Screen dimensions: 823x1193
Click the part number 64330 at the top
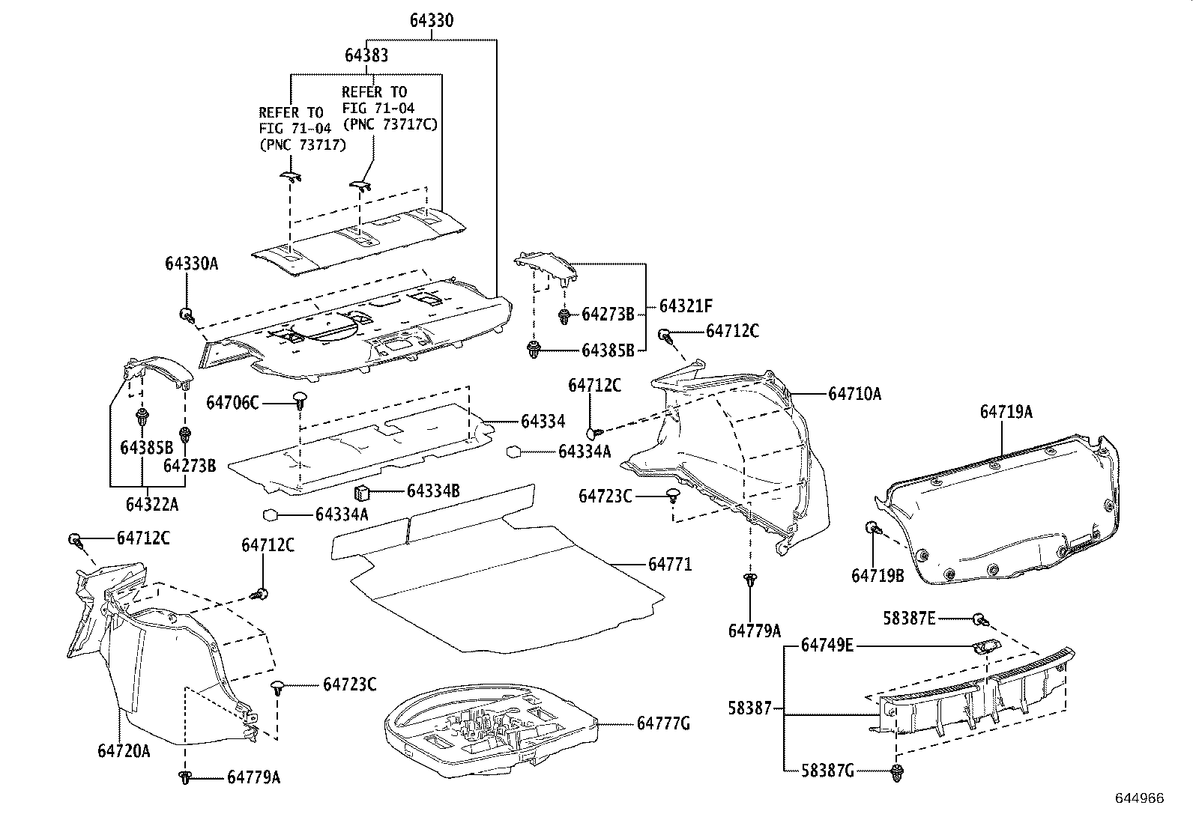point(431,20)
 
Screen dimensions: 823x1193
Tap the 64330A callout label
point(191,264)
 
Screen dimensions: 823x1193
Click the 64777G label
point(662,723)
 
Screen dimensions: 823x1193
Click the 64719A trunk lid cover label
point(1006,412)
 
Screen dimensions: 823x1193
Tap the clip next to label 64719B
point(872,528)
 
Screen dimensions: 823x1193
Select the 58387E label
point(909,619)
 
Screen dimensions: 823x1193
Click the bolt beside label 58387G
point(896,772)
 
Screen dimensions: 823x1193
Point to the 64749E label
point(827,646)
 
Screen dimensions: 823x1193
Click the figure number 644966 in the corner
point(1140,798)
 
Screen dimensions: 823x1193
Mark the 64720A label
point(123,750)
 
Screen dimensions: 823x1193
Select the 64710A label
point(854,393)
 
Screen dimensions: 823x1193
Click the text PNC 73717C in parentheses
point(390,124)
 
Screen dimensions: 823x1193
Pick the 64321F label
point(686,306)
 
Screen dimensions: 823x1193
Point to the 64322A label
point(152,504)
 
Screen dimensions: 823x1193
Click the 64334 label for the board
point(543,422)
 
